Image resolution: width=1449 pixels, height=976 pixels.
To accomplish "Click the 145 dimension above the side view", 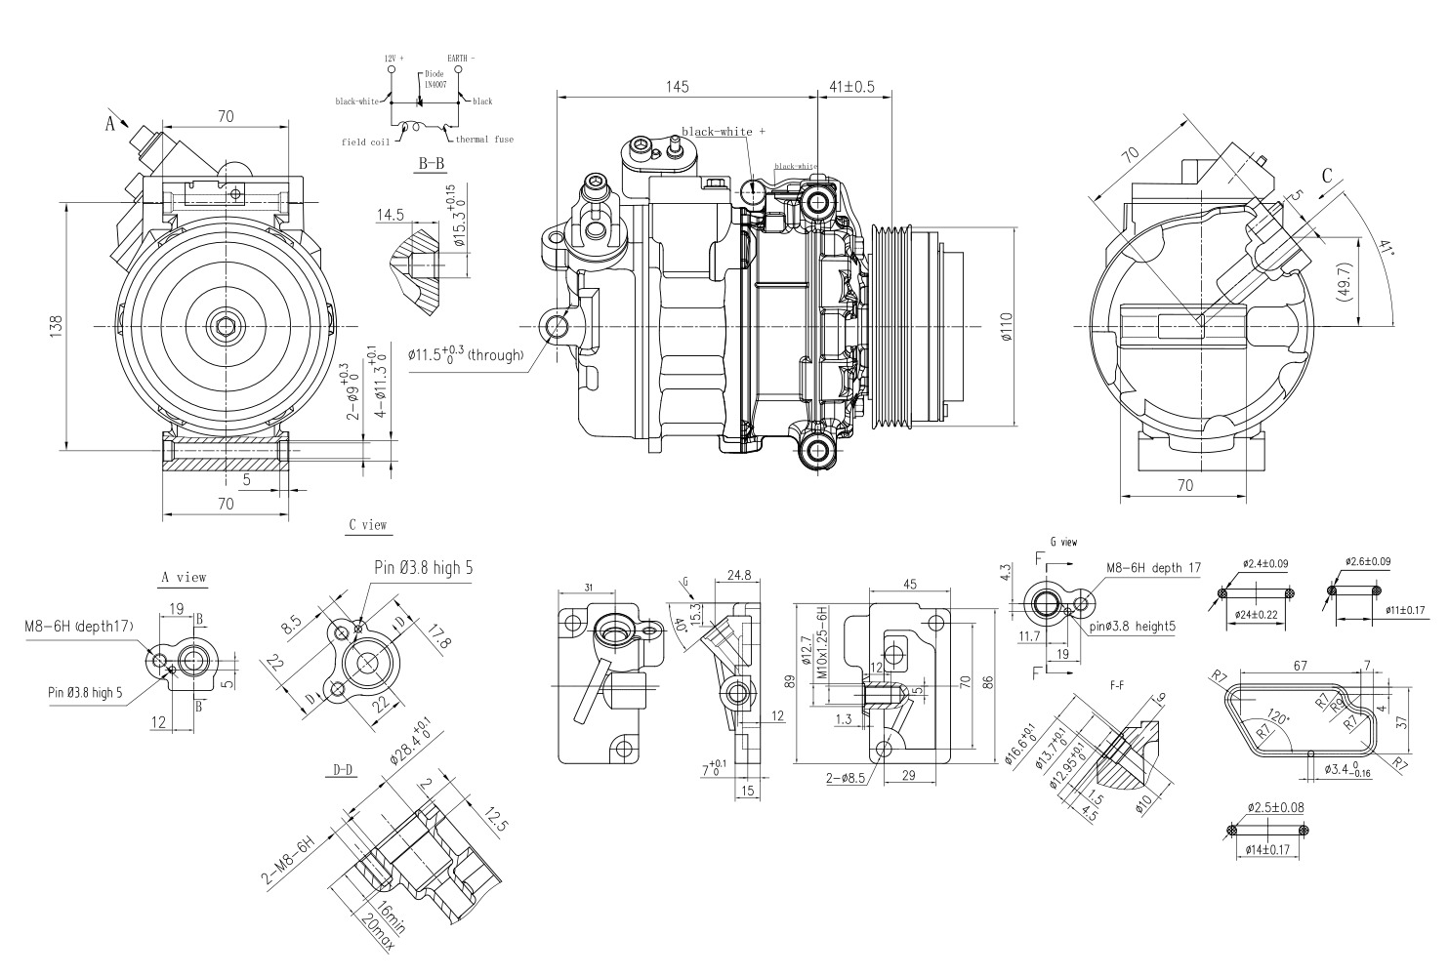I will pos(678,87).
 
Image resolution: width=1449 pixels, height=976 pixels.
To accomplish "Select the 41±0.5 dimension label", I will pos(851,87).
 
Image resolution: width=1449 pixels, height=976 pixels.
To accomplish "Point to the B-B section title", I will pos(431,163).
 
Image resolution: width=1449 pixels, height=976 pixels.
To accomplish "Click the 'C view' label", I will pos(368,524).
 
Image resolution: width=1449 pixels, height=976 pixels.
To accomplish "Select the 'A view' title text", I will pos(184,577).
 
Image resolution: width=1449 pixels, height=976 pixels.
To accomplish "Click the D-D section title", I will pos(341,770).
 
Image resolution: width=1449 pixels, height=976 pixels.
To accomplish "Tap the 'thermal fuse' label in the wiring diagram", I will pos(483,140).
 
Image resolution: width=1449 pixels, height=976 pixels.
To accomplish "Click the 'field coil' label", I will pos(365,142).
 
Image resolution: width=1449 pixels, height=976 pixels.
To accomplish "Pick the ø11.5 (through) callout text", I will pos(467,354).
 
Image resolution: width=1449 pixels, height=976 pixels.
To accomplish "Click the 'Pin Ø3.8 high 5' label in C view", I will pos(425,567).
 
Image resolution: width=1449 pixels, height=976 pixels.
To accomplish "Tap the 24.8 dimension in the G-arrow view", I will pos(738,576).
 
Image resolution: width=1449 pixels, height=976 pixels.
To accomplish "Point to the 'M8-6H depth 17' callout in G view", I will pos(1153,567).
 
